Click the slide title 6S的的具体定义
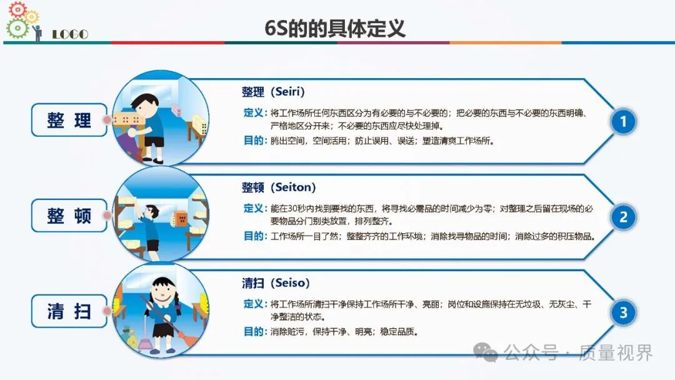[x=335, y=28]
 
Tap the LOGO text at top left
[x=70, y=34]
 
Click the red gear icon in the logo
[x=17, y=9]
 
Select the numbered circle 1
[x=623, y=122]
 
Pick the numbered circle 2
[x=623, y=217]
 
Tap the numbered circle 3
[x=623, y=313]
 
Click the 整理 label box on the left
[x=69, y=120]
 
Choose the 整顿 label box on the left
[x=69, y=216]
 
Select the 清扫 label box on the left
[x=69, y=311]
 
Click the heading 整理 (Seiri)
[x=273, y=92]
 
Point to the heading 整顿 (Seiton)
[x=279, y=187]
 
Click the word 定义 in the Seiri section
[x=253, y=112]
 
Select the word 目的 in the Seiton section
[x=253, y=236]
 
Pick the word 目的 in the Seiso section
[x=253, y=331]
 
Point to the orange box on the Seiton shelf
[x=181, y=218]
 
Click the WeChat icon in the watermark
[x=485, y=352]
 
